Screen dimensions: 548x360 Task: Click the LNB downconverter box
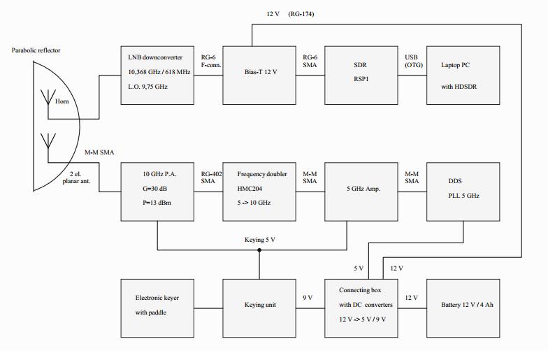coord(157,75)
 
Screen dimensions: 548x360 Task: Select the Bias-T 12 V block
coord(259,75)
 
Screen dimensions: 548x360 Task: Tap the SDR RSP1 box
coord(361,75)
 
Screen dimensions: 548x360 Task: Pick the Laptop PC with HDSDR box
coord(463,75)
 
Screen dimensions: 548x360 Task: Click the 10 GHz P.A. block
coord(157,192)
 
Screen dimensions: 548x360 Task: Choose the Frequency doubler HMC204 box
coord(259,192)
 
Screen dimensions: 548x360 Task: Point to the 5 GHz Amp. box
coord(361,192)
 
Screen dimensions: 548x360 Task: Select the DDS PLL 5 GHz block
coord(463,192)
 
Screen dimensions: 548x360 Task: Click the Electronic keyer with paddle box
coord(157,308)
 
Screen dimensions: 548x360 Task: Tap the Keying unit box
coord(259,308)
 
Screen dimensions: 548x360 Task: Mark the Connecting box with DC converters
coord(361,308)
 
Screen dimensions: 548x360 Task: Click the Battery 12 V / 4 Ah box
coord(463,308)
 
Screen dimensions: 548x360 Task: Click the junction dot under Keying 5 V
coord(259,250)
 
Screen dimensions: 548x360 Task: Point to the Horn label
coord(62,101)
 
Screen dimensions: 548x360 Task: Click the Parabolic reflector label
coord(36,50)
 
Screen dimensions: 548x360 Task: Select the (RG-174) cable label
coord(301,14)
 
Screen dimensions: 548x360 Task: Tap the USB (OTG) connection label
coord(414,61)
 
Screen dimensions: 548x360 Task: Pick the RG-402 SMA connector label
coord(211,178)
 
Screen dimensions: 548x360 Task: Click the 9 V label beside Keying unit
coord(308,298)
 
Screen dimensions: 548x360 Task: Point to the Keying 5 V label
coord(260,240)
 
